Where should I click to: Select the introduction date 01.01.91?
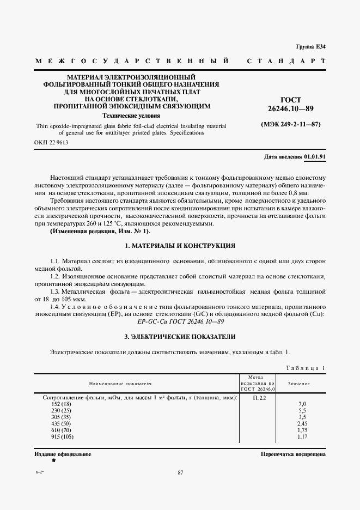pos(315,156)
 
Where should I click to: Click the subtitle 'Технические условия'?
pos(131,116)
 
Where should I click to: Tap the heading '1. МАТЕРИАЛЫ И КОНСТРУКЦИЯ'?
pos(180,246)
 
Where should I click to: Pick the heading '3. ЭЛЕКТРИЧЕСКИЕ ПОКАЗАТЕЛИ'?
pos(180,337)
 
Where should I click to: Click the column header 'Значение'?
pos(298,384)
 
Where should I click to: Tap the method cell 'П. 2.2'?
pos(259,398)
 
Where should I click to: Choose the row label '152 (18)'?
pos(61,404)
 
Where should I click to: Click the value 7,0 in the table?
pos(302,404)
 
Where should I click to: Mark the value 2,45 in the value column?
pos(303,423)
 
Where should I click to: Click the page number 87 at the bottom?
pos(180,472)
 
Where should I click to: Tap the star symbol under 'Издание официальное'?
pos(53,460)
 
